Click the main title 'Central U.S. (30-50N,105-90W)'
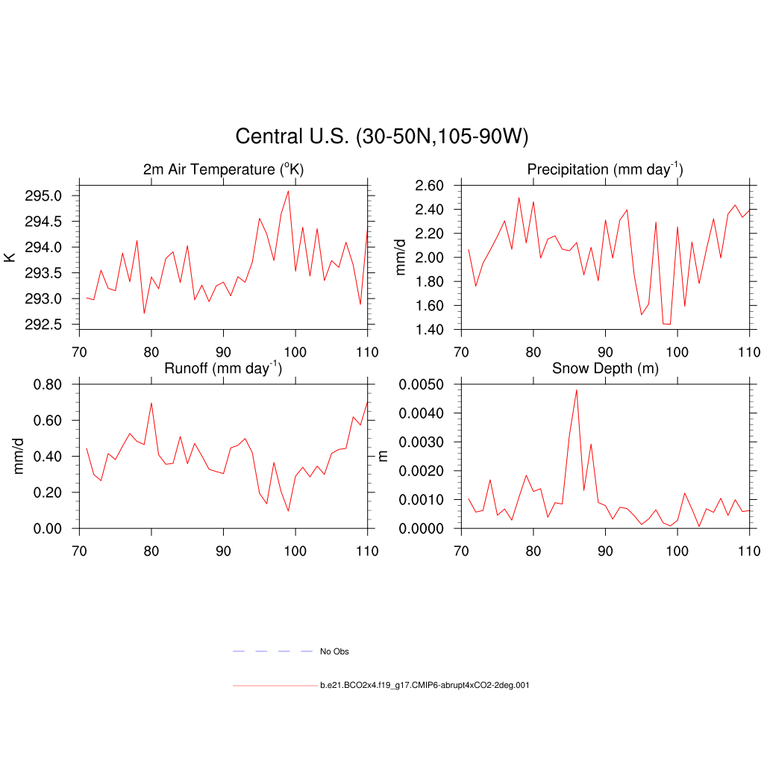[381, 137]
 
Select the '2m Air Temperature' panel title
[223, 170]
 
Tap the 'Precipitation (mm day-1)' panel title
[604, 169]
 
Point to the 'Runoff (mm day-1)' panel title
[222, 367]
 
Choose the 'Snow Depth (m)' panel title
[604, 368]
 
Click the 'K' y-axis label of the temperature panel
[10, 257]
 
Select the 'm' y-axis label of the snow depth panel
[384, 456]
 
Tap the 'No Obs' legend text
[334, 651]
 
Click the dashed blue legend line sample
[272, 651]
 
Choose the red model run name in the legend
[425, 685]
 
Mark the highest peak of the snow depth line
[577, 389]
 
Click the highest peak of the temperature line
[288, 191]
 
